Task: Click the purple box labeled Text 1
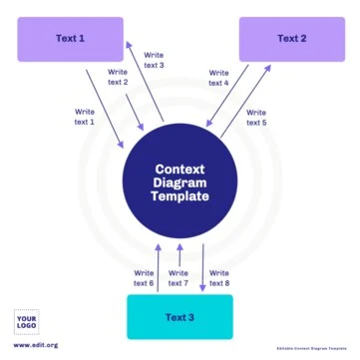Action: click(x=70, y=39)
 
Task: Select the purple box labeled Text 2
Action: click(x=291, y=39)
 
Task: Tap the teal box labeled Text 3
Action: click(x=180, y=317)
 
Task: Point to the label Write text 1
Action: click(x=86, y=116)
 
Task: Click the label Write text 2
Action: click(x=117, y=77)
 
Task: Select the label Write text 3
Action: click(x=154, y=60)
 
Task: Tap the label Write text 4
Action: click(x=219, y=77)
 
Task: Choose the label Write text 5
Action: click(x=255, y=116)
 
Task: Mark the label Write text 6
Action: click(x=144, y=278)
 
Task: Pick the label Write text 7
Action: click(x=179, y=278)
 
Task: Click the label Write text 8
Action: click(x=220, y=278)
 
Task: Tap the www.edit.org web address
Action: click(x=36, y=345)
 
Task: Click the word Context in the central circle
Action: click(x=180, y=170)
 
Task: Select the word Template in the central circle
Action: click(x=180, y=197)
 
